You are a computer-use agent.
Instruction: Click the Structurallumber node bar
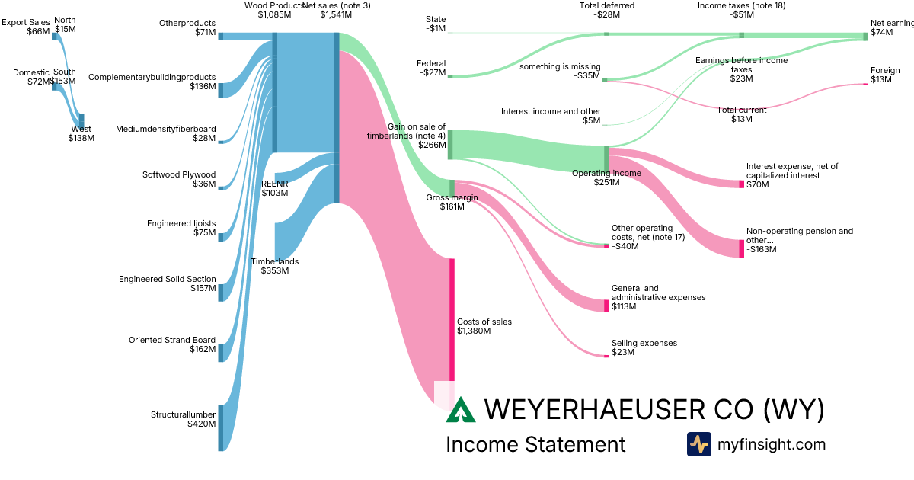pos(221,427)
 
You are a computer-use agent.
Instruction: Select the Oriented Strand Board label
pos(172,341)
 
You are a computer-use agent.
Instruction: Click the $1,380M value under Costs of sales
pos(474,331)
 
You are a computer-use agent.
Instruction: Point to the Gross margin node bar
pos(452,187)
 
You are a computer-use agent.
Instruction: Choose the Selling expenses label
pos(644,344)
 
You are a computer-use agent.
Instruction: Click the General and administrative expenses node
pos(606,306)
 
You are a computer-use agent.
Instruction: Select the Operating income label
pos(606,173)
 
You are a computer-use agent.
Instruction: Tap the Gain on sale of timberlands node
pos(450,145)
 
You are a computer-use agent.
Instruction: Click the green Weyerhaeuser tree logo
pos(461,410)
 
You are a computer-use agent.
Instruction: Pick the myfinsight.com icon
pos(699,444)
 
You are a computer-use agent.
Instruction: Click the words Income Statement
pos(535,445)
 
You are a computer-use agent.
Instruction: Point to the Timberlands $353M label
pos(275,266)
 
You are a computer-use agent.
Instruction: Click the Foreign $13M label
pos(885,75)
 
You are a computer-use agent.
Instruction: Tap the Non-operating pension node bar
pos(741,248)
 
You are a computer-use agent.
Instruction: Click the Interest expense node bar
pos(741,184)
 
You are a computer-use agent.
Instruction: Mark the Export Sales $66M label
pos(25,27)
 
